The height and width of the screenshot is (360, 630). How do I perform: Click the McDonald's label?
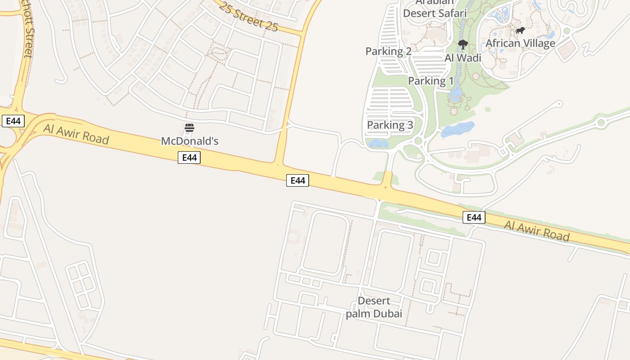(x=189, y=141)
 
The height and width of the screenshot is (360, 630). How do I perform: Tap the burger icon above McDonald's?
(x=189, y=128)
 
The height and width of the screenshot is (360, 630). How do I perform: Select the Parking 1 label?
(x=431, y=81)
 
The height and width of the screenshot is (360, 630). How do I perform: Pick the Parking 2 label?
(x=388, y=51)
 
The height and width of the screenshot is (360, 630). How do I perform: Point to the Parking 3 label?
(x=390, y=125)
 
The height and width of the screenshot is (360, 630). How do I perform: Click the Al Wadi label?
(x=463, y=58)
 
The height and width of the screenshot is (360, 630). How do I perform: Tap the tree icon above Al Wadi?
(x=463, y=44)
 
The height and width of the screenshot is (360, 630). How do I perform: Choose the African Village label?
(x=520, y=44)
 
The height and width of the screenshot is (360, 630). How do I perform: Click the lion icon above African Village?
(x=520, y=31)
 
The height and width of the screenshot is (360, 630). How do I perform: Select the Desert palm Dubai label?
(x=374, y=307)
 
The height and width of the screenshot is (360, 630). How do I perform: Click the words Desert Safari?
(x=434, y=13)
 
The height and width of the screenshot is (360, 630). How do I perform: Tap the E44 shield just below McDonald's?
(x=189, y=157)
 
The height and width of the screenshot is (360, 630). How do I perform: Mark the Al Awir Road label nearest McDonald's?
(x=76, y=134)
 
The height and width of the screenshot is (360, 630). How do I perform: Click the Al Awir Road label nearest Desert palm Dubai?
(x=536, y=230)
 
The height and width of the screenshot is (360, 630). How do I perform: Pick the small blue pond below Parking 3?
(x=378, y=144)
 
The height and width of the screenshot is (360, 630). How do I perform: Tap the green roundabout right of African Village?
(x=567, y=31)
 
